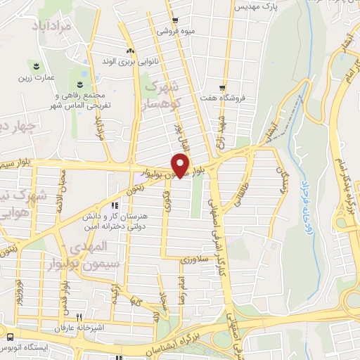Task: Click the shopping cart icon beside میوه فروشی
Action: (175, 20)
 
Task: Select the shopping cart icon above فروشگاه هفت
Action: (222, 88)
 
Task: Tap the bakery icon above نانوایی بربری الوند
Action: (129, 51)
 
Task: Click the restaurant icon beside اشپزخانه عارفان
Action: (80, 317)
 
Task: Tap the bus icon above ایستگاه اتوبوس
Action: (10, 335)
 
